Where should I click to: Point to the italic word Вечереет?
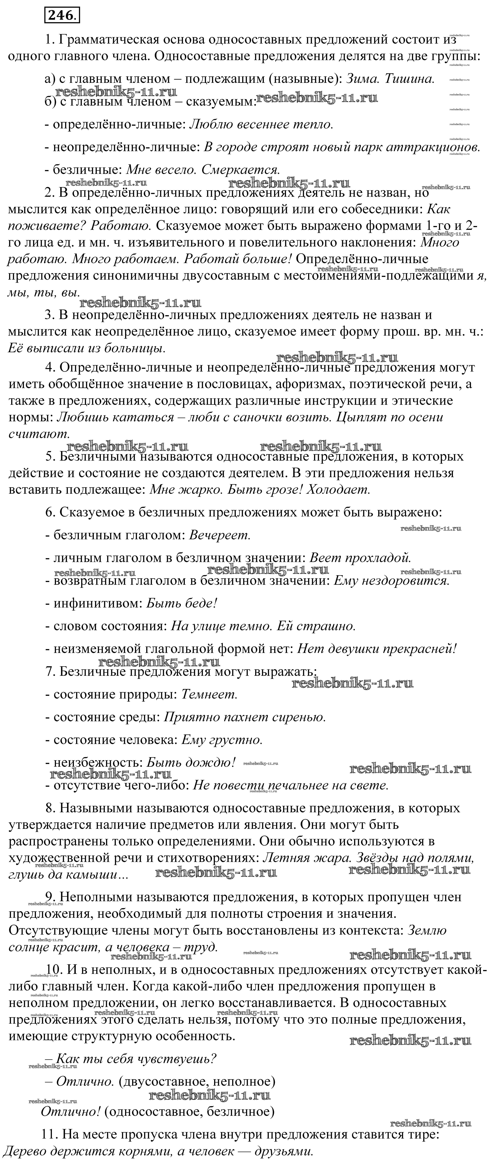[x=220, y=535]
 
